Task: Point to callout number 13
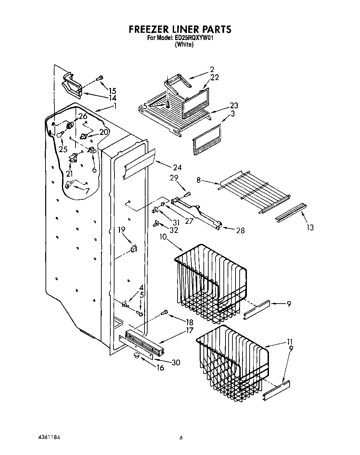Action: pos(310,228)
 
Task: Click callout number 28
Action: pos(240,230)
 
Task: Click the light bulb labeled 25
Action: pos(60,134)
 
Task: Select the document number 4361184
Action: pos(49,437)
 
